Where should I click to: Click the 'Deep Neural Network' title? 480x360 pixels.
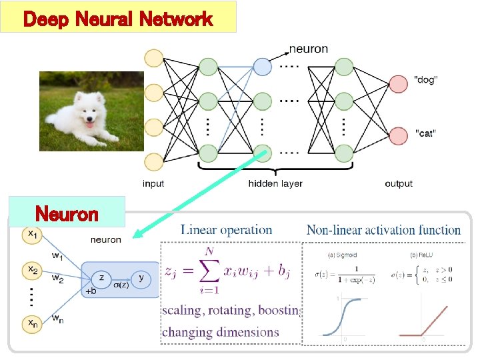point(118,18)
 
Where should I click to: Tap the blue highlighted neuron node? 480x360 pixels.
point(262,67)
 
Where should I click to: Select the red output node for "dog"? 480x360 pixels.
point(399,83)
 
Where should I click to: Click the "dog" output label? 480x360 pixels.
point(426,80)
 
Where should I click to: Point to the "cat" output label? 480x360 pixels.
point(425,133)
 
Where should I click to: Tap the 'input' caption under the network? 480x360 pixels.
point(153,183)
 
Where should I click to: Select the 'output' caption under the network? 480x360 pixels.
point(399,183)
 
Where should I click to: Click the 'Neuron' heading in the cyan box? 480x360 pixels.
point(67,215)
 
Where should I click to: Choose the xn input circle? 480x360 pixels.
point(32,325)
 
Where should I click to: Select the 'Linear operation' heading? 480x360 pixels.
point(226,230)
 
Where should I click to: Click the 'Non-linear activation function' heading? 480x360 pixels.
point(383,230)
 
